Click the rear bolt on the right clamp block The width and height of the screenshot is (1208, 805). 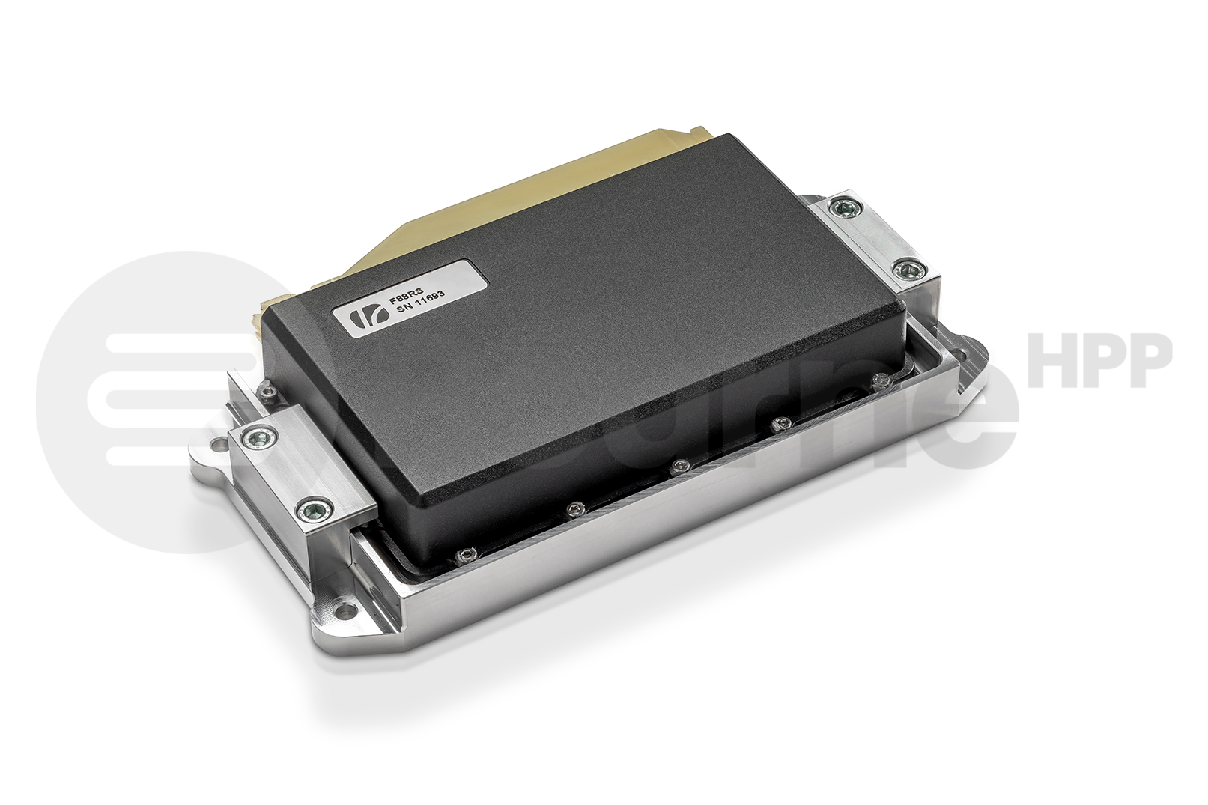click(x=846, y=207)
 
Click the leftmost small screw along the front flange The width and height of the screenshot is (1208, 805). click(x=464, y=554)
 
